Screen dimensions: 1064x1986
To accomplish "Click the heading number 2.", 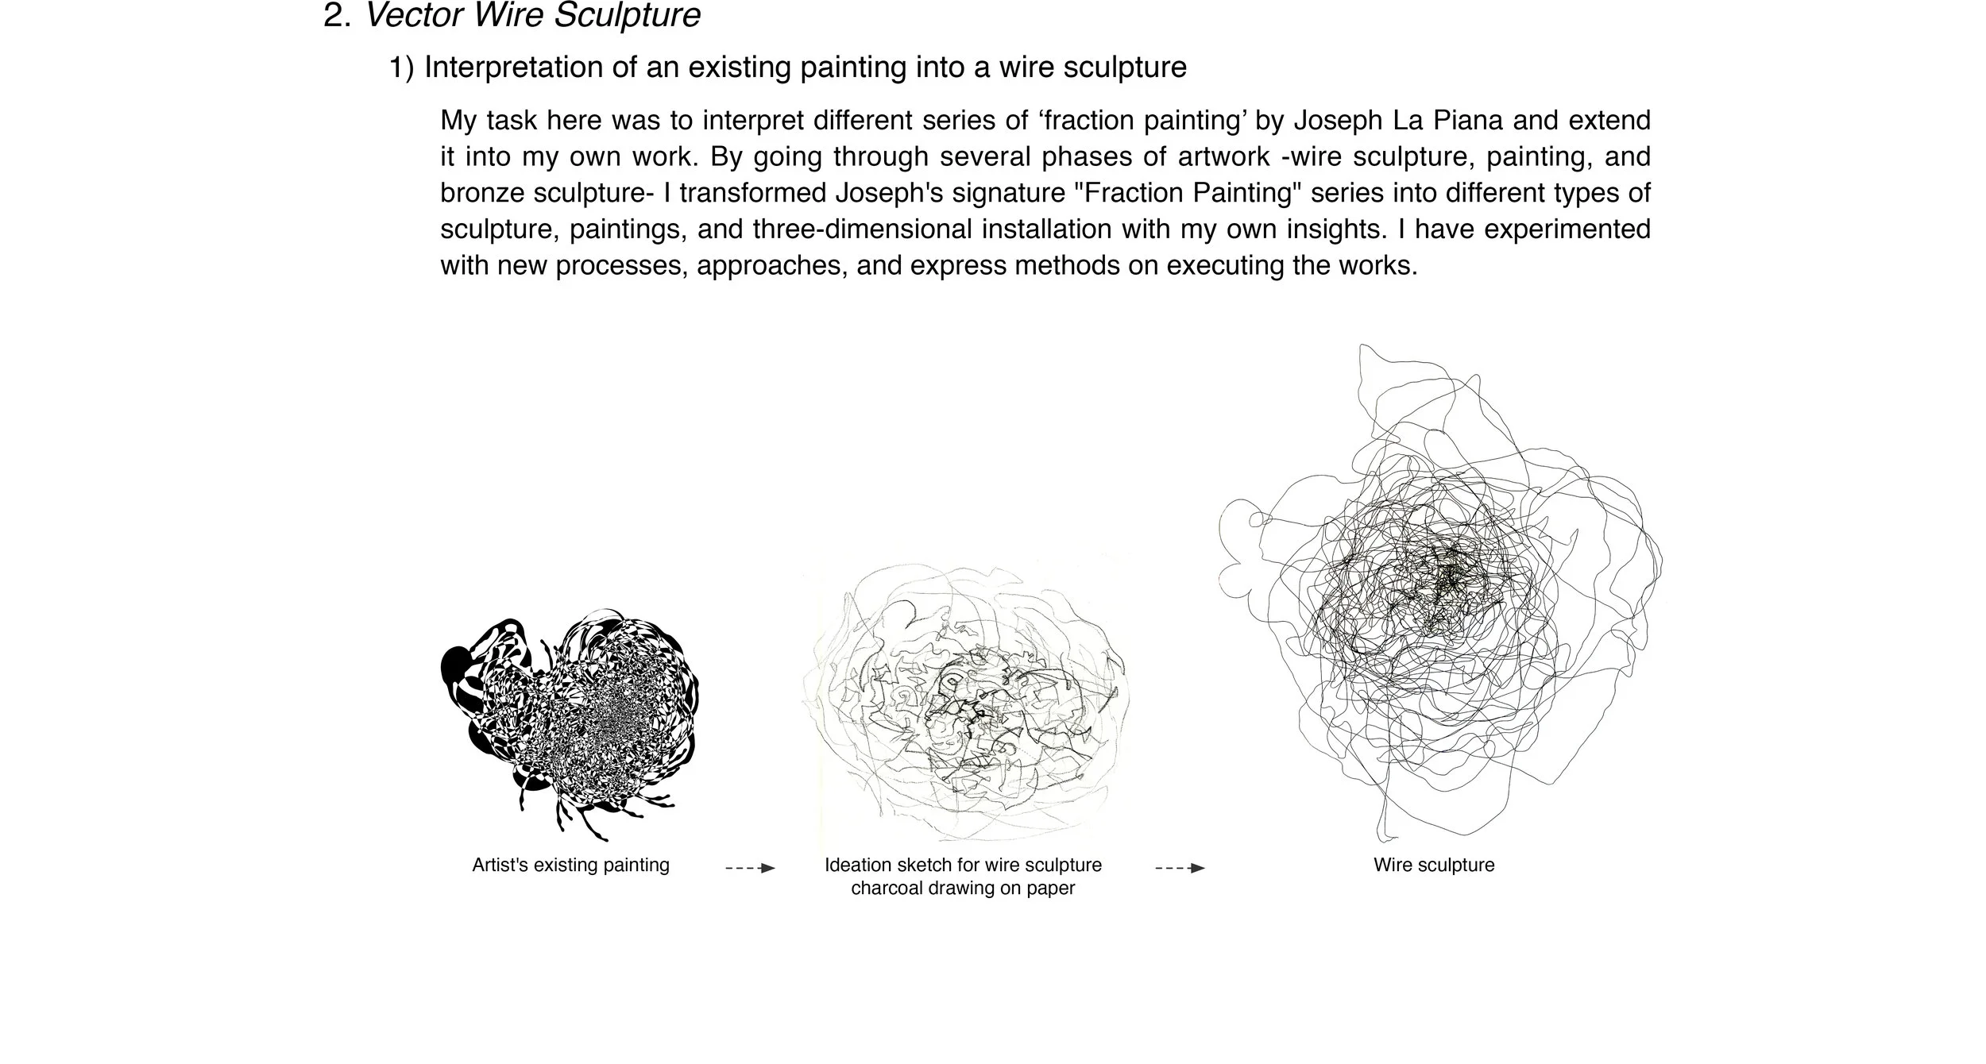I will [x=337, y=16].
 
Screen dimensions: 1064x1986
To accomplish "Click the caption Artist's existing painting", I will [x=570, y=865].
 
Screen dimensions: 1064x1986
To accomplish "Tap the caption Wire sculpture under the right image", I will [x=1434, y=865].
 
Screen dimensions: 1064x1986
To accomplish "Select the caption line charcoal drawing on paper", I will [x=963, y=889].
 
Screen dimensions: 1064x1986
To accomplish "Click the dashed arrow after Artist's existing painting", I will [x=750, y=869].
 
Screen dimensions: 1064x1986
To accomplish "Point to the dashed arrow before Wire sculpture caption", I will [x=1180, y=869].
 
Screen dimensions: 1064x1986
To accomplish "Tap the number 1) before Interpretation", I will [x=401, y=68].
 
